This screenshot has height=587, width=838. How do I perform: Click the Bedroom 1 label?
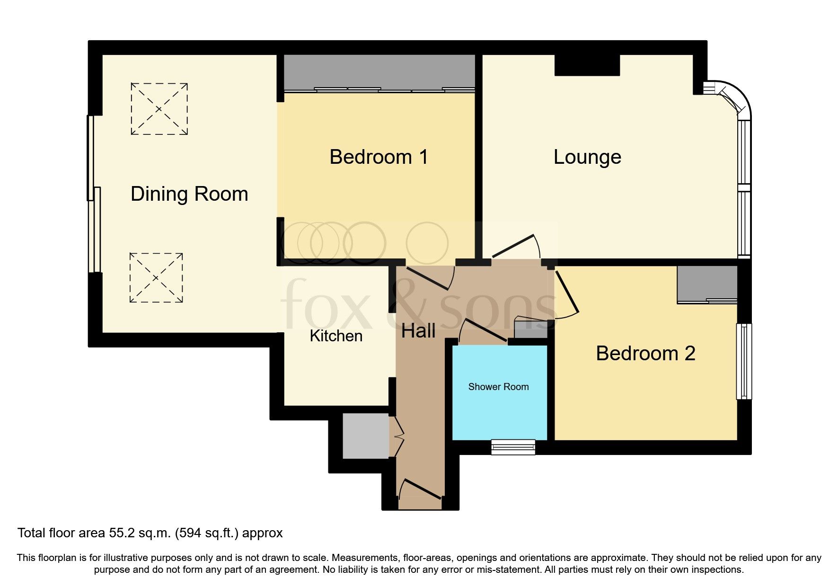coord(379,157)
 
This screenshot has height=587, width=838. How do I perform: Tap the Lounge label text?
coord(587,157)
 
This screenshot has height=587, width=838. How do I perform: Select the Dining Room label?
coord(189,194)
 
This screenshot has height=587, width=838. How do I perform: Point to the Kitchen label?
coord(336,336)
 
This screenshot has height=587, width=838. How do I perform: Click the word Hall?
coord(418,331)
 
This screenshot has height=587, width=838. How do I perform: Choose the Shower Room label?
coord(498,387)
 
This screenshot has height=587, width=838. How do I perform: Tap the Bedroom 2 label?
coord(645,354)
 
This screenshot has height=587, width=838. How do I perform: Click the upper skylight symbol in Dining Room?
coord(159,109)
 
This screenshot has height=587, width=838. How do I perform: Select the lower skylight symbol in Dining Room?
coord(156,278)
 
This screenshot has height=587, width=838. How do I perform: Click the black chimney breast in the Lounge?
coord(587,65)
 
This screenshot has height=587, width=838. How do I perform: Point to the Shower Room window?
coord(513,447)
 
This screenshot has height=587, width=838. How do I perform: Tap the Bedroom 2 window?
coord(744,361)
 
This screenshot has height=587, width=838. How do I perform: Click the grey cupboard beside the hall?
coord(365,436)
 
